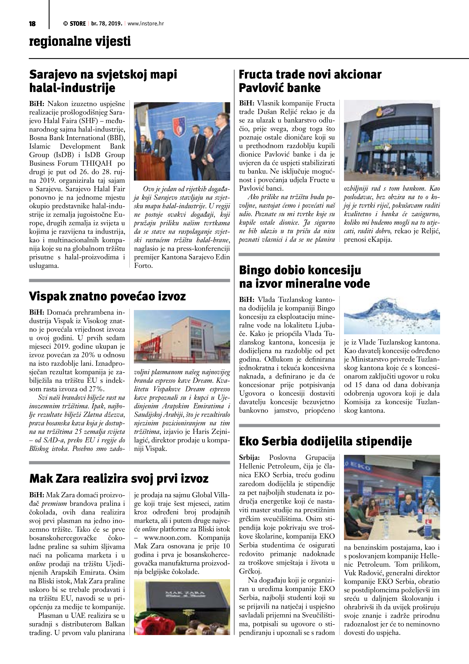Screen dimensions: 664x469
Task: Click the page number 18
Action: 32,24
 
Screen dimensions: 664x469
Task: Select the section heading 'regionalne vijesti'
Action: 80,41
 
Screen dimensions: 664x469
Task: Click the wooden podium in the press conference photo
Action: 147,165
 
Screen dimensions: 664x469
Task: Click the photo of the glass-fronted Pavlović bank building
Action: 391,140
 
